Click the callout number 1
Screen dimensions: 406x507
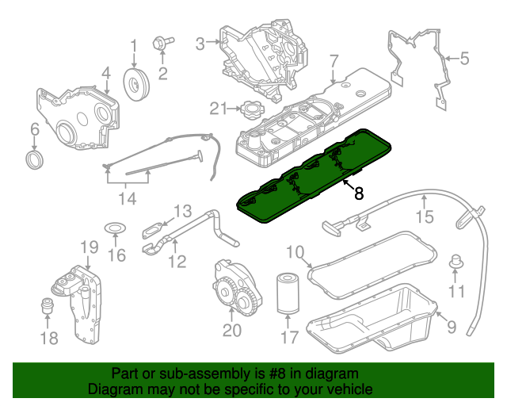[134, 45]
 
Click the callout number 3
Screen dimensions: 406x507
[201, 42]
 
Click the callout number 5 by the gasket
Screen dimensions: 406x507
[465, 57]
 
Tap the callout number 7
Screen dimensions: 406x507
[334, 60]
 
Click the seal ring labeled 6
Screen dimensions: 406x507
[35, 162]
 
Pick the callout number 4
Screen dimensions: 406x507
[105, 74]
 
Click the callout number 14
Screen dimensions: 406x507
[128, 197]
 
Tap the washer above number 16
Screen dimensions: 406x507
[116, 231]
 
